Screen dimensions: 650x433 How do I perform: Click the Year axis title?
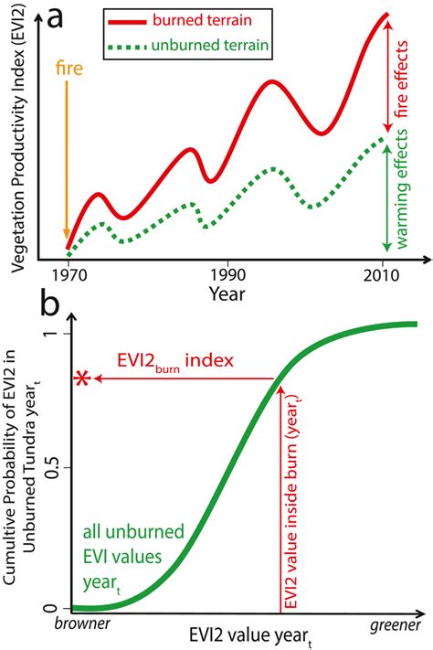pyautogui.click(x=227, y=293)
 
